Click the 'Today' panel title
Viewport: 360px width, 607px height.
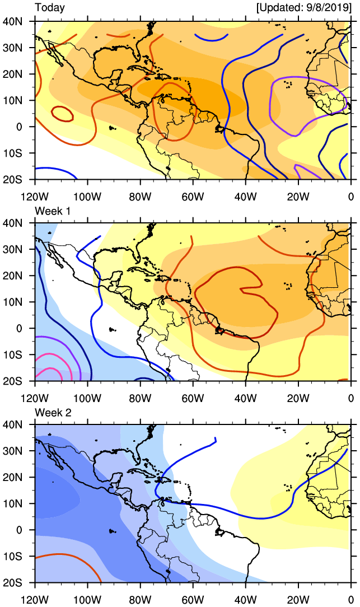click(50, 8)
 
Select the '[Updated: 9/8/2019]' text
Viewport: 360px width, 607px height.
click(303, 8)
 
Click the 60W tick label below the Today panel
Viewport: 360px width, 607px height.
click(193, 196)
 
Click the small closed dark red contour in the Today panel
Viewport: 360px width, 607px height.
click(63, 114)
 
